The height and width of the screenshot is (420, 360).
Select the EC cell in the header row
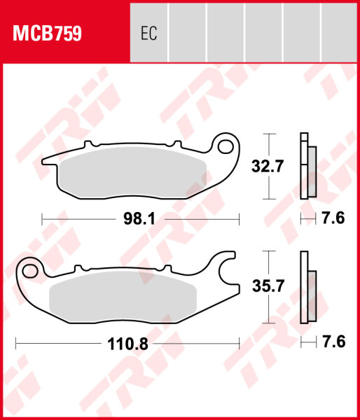pos(148,33)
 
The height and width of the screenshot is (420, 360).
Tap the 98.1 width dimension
pos(139,219)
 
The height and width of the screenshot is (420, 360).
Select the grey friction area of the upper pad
pos(133,174)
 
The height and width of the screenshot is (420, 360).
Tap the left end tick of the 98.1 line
pos(43,219)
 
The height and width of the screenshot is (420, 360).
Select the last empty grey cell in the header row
pos(340,33)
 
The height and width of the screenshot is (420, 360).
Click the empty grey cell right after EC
pos(188,33)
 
